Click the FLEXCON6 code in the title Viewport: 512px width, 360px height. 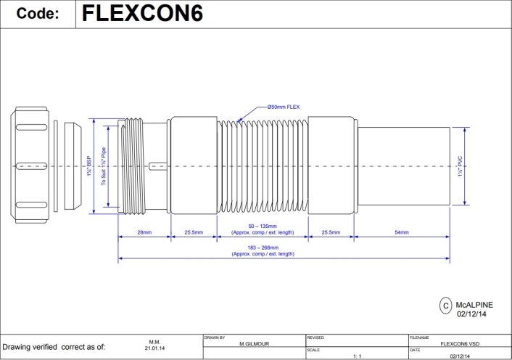(x=142, y=15)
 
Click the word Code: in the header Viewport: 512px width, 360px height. (x=38, y=15)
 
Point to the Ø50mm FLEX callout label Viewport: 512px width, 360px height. (x=284, y=107)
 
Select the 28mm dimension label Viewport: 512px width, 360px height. (x=144, y=233)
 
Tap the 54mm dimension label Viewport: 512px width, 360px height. (x=402, y=233)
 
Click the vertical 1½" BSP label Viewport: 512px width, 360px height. (x=88, y=167)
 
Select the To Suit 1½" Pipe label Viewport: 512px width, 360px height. (x=104, y=167)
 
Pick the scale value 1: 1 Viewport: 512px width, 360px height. (x=356, y=356)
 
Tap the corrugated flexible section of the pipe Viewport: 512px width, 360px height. (x=261, y=166)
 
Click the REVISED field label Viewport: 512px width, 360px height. (x=315, y=337)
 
